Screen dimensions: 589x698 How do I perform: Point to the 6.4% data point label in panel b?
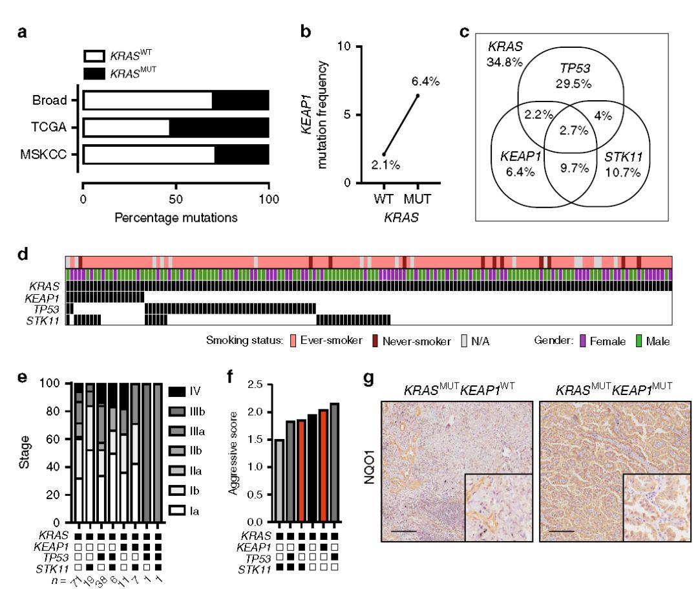pyautogui.click(x=425, y=81)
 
